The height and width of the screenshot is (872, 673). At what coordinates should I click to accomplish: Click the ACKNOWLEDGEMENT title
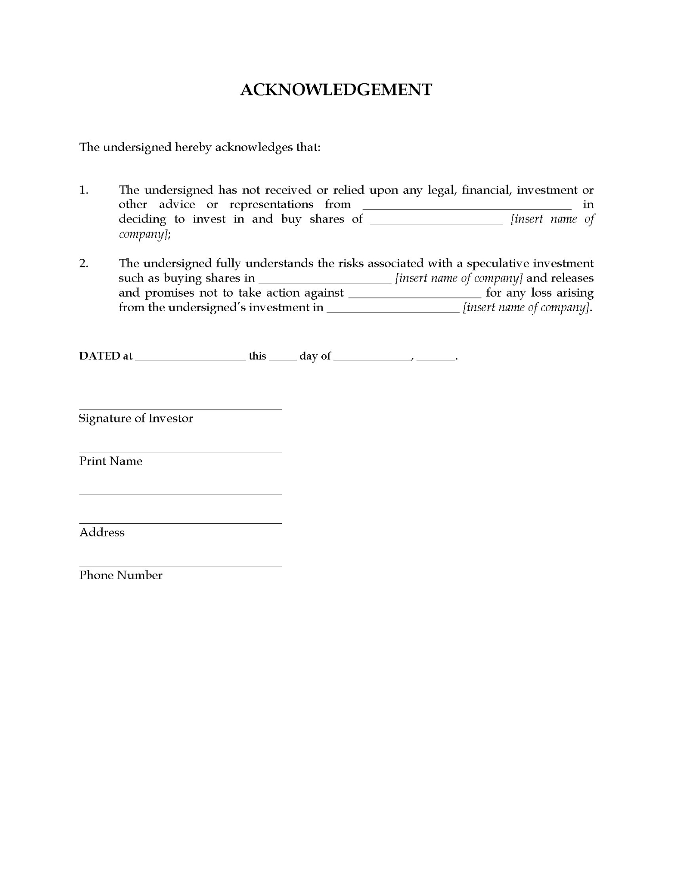coord(336,89)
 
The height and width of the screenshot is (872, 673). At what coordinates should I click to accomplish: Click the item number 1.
coord(84,190)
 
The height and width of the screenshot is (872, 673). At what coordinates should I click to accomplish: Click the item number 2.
coord(84,263)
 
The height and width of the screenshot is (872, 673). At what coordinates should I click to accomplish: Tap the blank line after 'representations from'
coord(467,207)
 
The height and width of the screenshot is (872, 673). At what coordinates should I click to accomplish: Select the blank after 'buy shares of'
coord(437,221)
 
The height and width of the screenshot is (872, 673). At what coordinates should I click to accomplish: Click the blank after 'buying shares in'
coord(324,280)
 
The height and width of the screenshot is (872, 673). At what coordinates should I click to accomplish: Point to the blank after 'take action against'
coord(415,295)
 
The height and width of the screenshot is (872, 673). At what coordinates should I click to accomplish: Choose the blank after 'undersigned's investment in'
coord(393,310)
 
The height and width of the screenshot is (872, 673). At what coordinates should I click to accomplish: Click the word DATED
coord(99,356)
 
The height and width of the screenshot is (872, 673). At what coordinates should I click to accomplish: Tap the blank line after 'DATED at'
coord(191,358)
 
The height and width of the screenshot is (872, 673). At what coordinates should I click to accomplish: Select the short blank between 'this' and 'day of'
coord(283,358)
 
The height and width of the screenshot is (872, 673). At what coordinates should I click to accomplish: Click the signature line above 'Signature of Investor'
coord(180,408)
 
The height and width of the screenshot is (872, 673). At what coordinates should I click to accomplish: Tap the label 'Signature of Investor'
coord(136,418)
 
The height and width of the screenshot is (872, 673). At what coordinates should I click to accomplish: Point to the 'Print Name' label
coord(111,461)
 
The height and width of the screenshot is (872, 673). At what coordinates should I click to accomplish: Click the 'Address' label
coord(102,532)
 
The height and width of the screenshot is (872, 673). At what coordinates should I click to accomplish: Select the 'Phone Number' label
coord(121,575)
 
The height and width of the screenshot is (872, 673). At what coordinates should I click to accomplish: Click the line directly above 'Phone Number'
coord(180,565)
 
